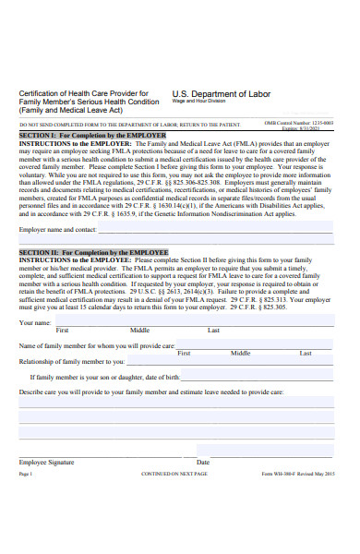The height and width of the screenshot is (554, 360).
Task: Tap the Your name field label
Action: pos(35,297)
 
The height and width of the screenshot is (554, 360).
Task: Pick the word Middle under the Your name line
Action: pos(139,304)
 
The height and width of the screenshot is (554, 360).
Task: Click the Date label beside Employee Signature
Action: pos(203,462)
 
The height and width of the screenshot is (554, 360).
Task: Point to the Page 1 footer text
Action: pos(25,474)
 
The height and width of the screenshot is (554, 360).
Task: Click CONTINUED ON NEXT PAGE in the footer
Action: pos(174,474)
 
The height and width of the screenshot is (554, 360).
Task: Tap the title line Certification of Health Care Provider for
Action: pos(83,94)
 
